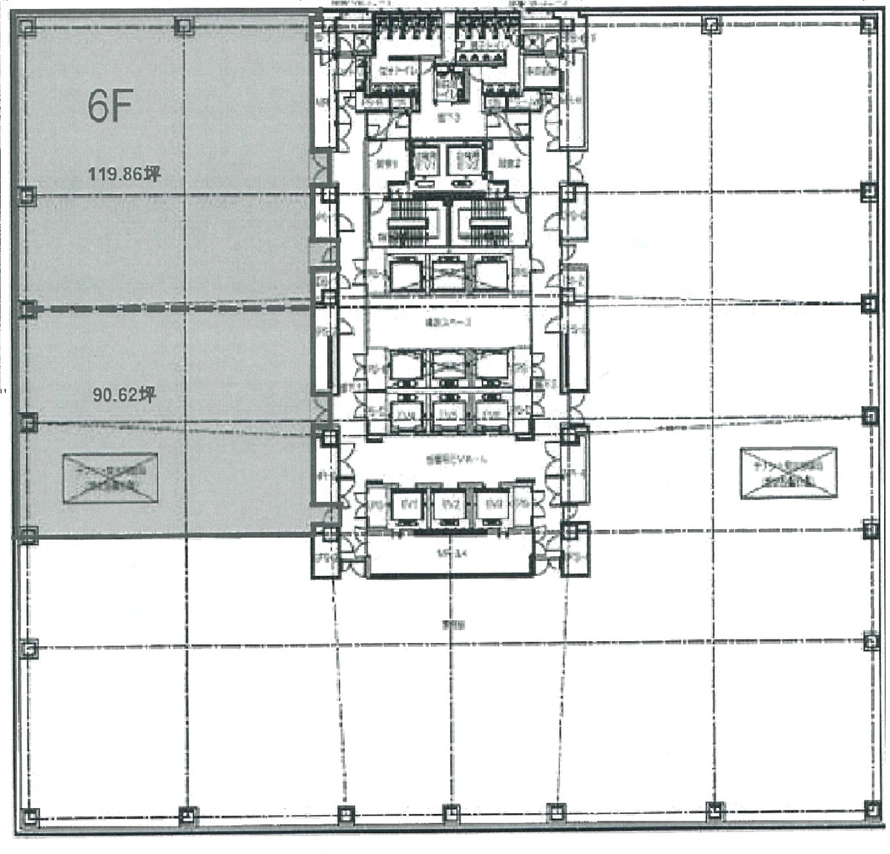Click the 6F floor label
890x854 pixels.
coord(110,107)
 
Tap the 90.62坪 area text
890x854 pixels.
coord(124,395)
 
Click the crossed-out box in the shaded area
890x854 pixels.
coord(110,479)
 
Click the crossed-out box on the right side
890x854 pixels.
coord(788,472)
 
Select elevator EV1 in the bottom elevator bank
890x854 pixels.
coord(406,505)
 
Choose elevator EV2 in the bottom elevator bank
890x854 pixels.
coord(448,505)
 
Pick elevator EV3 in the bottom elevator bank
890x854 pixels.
coord(490,505)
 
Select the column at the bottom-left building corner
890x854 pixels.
coord(28,818)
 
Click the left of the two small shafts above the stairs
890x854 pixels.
coord(425,160)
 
